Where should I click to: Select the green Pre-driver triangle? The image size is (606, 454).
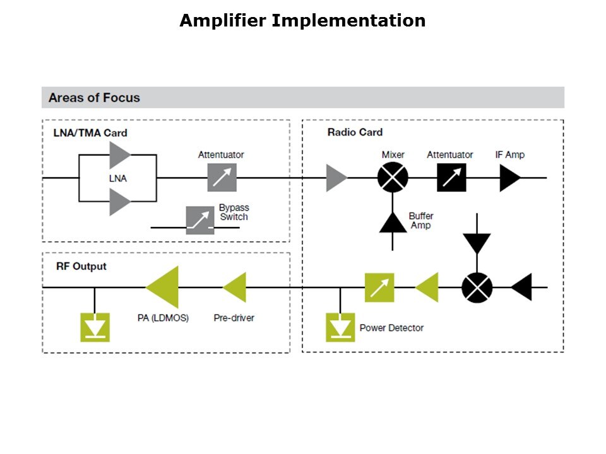click(x=236, y=288)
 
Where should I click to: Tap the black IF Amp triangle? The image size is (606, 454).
click(x=509, y=178)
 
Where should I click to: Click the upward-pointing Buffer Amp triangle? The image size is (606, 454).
click(x=393, y=223)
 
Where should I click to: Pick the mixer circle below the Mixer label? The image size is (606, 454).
click(x=393, y=178)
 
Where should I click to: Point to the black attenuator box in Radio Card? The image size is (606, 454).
click(x=451, y=178)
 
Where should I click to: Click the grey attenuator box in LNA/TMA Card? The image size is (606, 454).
click(x=222, y=178)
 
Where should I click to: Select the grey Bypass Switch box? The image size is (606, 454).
click(x=200, y=220)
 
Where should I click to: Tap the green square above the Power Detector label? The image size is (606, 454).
click(x=340, y=327)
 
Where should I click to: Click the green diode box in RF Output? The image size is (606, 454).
click(x=95, y=327)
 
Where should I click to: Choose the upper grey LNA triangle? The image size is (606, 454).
click(x=119, y=155)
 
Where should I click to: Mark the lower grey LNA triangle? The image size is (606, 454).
click(x=119, y=202)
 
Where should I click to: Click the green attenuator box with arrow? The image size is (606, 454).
click(x=379, y=288)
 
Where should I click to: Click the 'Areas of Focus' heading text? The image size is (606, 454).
click(x=94, y=98)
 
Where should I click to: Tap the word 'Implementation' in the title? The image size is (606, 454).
click(x=348, y=21)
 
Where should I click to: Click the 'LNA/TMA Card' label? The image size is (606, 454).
click(x=90, y=132)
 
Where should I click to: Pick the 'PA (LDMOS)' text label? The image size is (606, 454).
click(x=163, y=318)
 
